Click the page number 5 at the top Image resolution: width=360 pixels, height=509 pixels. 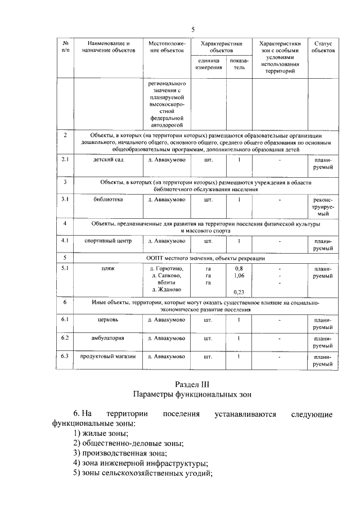192,29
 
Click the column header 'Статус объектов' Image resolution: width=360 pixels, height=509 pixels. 323,47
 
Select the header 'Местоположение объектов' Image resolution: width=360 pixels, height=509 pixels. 166,47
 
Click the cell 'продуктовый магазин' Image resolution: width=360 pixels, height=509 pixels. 109,357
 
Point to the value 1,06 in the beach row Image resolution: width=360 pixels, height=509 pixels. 238,276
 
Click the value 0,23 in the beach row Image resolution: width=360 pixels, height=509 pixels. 238,292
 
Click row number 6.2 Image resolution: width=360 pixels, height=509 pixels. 65,338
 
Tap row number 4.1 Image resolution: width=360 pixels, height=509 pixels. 65,241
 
